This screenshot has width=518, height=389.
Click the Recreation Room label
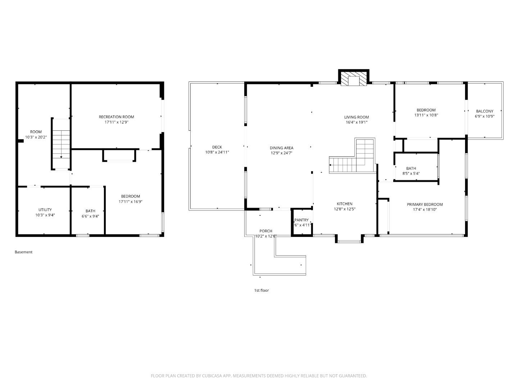point(116,117)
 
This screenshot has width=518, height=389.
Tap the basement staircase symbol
point(61,144)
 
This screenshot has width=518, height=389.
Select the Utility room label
point(45,210)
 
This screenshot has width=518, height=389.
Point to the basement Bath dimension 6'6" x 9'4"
point(90,216)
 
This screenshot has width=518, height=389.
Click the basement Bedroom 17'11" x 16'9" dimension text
point(130,202)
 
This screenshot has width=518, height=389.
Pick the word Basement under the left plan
point(23,252)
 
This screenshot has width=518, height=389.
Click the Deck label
point(217,147)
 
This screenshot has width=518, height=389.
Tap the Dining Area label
point(281,148)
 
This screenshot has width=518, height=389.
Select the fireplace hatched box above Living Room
point(354,79)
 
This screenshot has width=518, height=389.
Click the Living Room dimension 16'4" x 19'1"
point(356,122)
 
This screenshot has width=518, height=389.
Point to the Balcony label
point(485,111)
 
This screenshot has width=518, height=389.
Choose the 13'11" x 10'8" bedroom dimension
point(426,115)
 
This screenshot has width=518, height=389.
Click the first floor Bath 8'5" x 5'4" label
point(411,168)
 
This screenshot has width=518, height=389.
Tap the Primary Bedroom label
point(424,204)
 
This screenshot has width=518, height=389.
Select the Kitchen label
point(344,204)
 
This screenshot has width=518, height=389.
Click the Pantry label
point(301,220)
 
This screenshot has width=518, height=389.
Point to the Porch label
point(266,231)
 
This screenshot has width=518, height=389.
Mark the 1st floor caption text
point(262,290)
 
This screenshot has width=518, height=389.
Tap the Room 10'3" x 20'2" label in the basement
point(36,132)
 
